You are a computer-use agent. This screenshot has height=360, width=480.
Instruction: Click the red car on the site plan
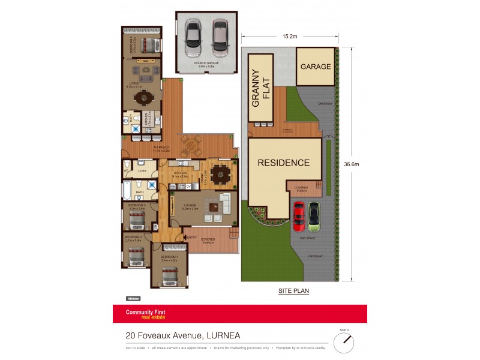click(298, 217)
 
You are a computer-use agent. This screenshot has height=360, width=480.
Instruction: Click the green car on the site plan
click(313, 217)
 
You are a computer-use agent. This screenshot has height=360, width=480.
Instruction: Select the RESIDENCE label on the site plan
click(284, 163)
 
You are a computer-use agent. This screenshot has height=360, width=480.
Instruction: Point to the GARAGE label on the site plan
click(316, 67)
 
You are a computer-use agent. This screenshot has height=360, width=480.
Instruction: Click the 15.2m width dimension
click(290, 37)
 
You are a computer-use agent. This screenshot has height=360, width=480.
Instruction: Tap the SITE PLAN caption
click(293, 290)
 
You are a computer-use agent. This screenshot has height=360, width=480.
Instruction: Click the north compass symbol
click(344, 342)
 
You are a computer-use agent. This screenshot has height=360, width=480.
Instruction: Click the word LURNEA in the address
click(222, 336)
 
